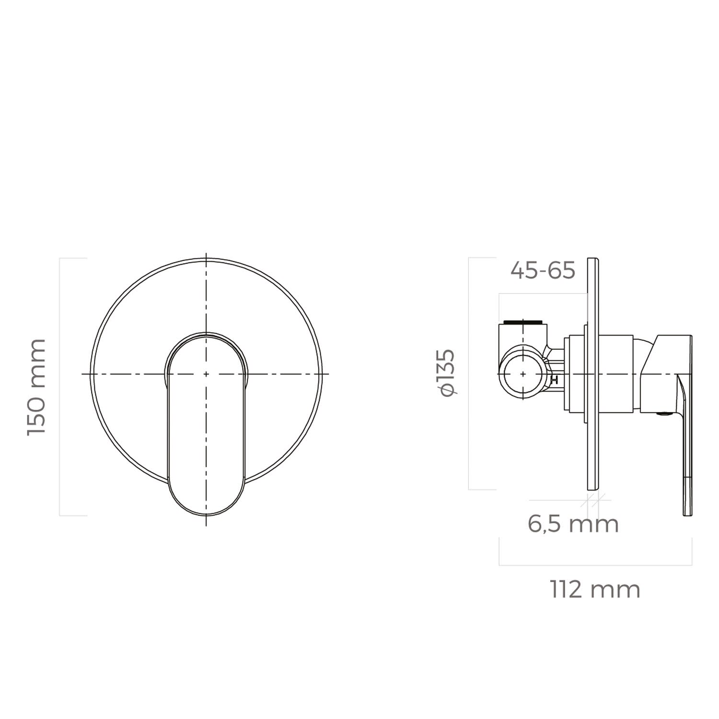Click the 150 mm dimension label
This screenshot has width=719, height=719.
(36, 387)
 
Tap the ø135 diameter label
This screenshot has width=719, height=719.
(447, 373)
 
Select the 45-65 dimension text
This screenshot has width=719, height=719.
(543, 271)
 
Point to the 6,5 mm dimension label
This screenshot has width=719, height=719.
(573, 523)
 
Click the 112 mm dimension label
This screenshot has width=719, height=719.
(595, 590)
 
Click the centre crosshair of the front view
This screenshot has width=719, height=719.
(206, 373)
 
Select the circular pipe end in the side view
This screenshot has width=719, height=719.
(522, 373)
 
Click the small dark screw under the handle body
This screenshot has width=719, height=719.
(663, 413)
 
